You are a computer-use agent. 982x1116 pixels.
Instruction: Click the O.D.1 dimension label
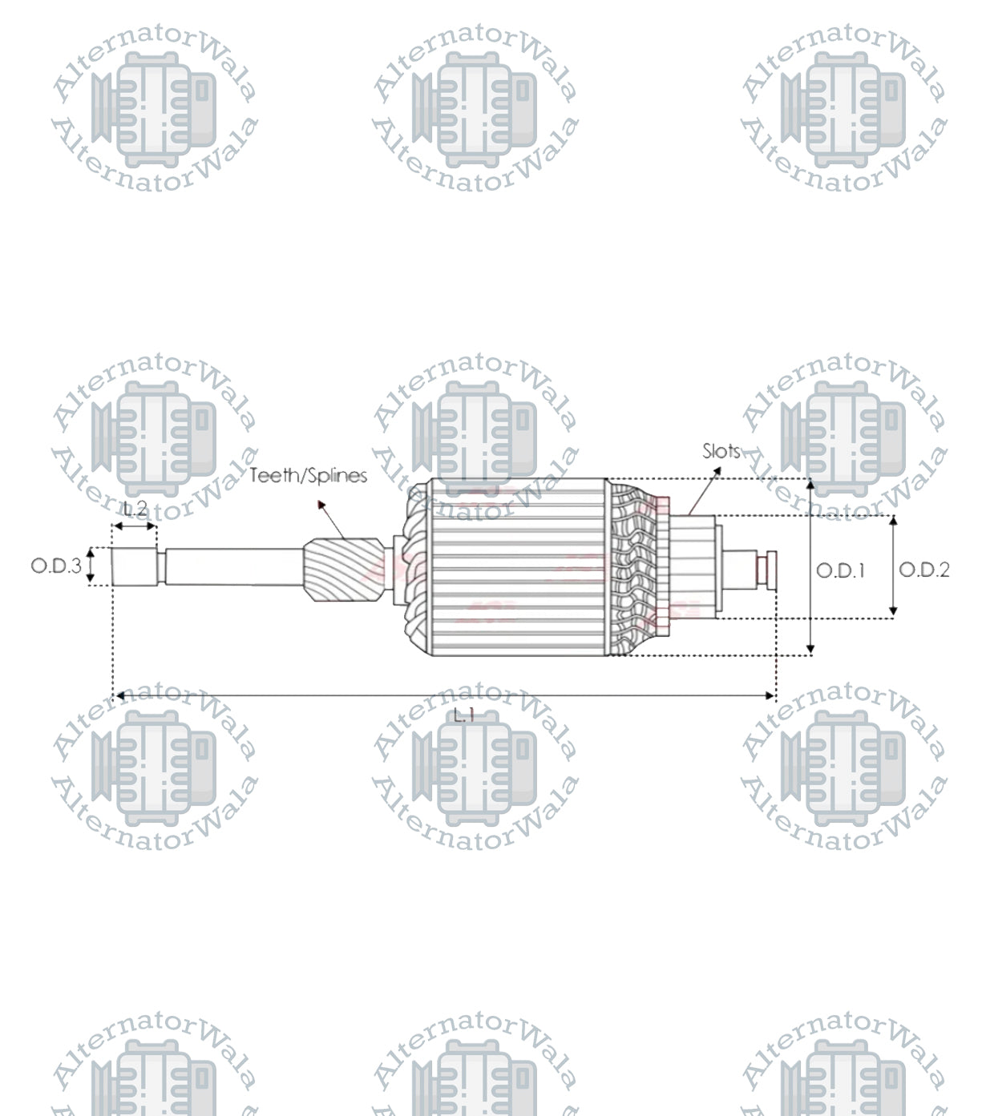(x=840, y=570)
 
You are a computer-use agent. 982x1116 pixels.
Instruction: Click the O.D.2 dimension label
(x=923, y=570)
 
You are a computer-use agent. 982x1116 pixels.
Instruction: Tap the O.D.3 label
(x=56, y=566)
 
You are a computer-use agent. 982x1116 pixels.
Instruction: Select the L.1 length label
(x=464, y=715)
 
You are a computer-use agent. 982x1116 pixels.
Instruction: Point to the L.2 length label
(x=135, y=509)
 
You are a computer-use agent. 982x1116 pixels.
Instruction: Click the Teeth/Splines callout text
(x=309, y=476)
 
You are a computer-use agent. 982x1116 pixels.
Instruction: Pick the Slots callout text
(x=721, y=452)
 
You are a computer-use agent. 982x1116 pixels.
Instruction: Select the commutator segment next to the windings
(x=691, y=566)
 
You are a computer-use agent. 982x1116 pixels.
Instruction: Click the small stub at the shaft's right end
(x=766, y=566)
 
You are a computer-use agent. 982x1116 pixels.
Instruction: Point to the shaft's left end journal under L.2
(x=134, y=566)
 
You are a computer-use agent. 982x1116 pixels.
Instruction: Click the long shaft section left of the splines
(x=232, y=566)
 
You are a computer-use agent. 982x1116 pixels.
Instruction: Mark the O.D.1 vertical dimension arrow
(x=810, y=567)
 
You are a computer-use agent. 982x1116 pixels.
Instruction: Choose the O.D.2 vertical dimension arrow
(x=894, y=567)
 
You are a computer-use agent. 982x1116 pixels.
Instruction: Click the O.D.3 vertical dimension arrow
(x=91, y=566)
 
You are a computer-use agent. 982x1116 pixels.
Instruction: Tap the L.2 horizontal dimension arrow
(x=135, y=526)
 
